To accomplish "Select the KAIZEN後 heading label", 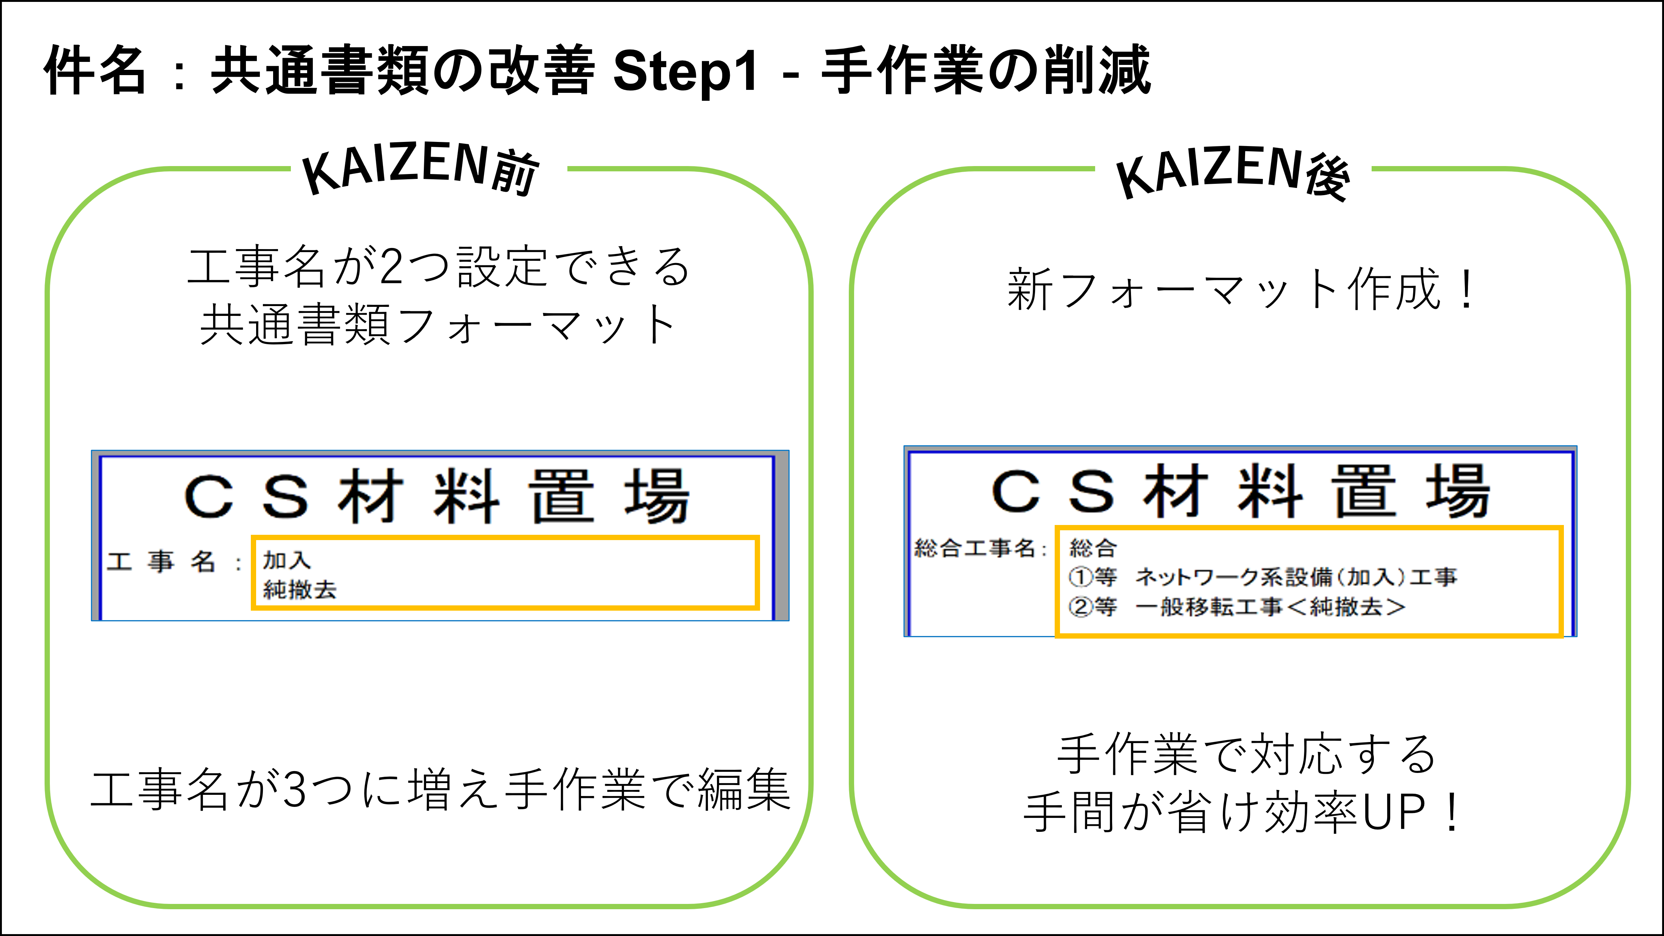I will coord(1233,172).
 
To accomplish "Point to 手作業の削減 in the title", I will coord(986,70).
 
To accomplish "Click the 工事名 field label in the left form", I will coord(162,561).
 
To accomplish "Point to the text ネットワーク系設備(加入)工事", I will coord(1296,576).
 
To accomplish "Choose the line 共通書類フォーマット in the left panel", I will coord(438,325).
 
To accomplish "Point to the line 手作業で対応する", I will coord(1247,754).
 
